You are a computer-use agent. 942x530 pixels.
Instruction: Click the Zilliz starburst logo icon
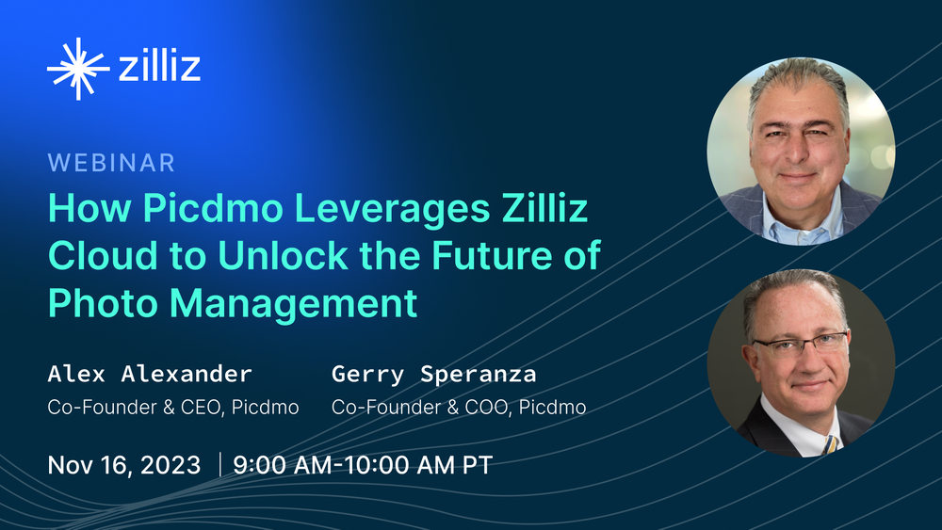(x=78, y=69)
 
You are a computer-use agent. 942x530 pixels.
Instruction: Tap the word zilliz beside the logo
(x=159, y=67)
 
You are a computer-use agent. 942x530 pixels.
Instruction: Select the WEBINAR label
(x=111, y=163)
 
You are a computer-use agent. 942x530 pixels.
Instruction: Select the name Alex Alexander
(x=150, y=374)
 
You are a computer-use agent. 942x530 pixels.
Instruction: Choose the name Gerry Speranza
(x=433, y=375)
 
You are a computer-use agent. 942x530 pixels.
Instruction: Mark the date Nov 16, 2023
(x=123, y=465)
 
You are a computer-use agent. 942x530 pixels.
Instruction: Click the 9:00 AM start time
(x=283, y=465)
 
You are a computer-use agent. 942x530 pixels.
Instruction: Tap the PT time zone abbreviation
(x=478, y=465)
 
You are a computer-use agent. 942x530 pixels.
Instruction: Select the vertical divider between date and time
(x=219, y=465)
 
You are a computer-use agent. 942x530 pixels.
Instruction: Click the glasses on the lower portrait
(x=800, y=344)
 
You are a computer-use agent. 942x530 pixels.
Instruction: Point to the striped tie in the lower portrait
(x=830, y=444)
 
